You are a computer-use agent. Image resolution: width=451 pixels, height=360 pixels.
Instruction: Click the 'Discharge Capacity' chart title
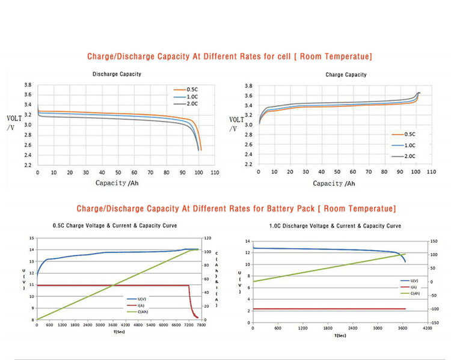[117, 75]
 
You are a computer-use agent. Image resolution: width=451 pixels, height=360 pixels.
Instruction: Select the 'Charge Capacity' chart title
[346, 75]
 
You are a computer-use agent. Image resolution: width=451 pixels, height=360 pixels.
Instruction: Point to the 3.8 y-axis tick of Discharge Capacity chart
[28, 86]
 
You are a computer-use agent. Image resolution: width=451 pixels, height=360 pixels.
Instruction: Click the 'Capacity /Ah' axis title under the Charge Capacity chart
[334, 184]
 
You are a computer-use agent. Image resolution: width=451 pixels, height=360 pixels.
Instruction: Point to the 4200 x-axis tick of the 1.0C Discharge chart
[427, 329]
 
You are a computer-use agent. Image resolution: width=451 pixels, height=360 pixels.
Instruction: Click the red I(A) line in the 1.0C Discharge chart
[325, 309]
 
